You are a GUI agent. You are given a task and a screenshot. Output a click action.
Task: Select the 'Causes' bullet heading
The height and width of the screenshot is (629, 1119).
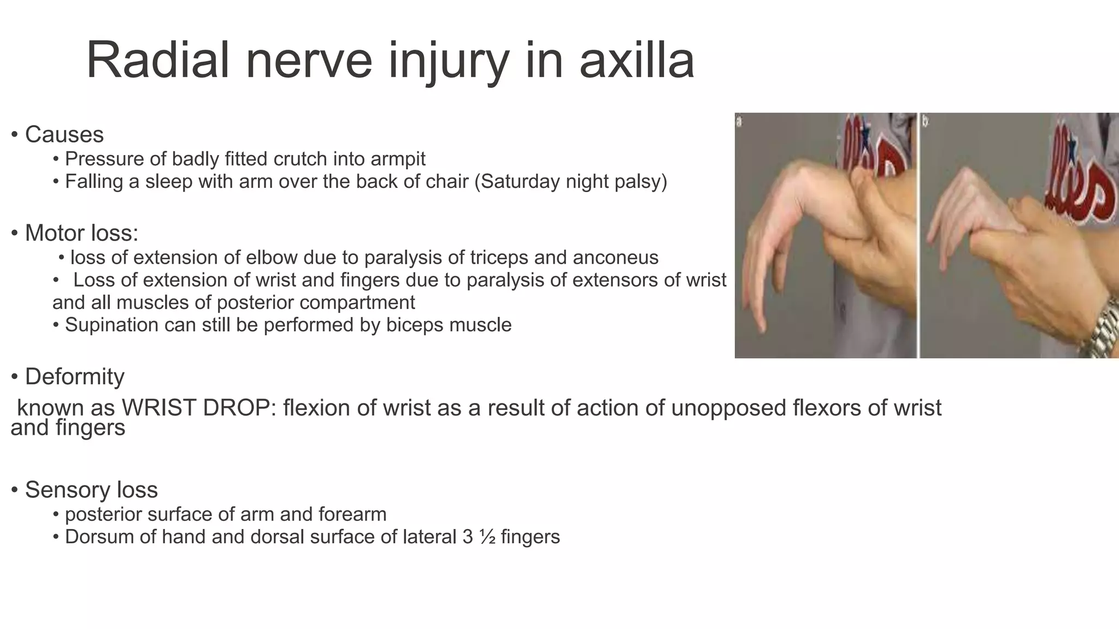[64, 134]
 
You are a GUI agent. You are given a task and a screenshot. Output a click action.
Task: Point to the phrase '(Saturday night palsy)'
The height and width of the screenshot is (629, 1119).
[570, 181]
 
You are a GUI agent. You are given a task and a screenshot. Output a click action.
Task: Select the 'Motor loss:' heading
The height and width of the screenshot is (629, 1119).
[81, 233]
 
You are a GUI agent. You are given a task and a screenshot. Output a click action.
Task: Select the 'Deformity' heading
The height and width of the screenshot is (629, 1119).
[74, 377]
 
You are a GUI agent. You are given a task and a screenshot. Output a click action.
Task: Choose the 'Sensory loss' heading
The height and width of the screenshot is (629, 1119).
[91, 490]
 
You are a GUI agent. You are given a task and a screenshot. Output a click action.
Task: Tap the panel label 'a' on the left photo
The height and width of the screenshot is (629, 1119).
[740, 121]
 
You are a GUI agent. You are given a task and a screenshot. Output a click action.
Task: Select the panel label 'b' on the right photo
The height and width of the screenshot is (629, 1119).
[925, 121]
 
